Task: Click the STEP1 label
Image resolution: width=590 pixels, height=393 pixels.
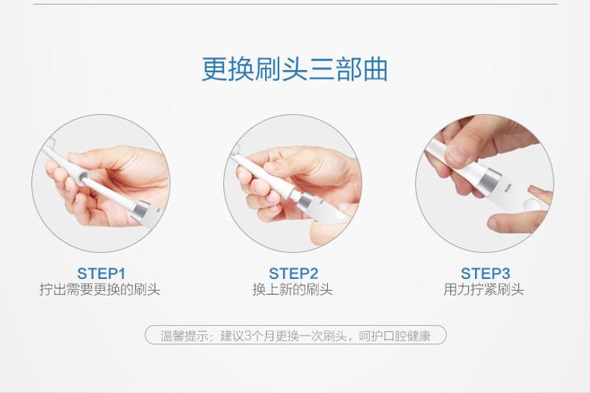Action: (x=101, y=274)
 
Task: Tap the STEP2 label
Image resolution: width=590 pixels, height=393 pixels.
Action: (x=293, y=274)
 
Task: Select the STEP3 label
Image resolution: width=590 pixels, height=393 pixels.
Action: (x=485, y=274)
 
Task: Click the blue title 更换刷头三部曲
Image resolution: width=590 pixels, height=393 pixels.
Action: (x=295, y=69)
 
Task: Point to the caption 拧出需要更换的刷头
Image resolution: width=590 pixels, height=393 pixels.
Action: (x=100, y=289)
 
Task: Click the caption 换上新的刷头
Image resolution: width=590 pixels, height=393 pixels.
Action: (x=293, y=289)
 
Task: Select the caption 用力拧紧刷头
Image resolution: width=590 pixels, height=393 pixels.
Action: (x=484, y=289)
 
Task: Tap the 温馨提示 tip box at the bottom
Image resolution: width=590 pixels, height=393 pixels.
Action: (x=296, y=335)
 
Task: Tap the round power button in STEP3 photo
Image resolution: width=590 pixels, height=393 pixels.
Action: (x=531, y=205)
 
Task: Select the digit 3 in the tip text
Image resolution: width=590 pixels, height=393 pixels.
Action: (x=247, y=336)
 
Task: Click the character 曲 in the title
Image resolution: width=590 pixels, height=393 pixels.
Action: (x=375, y=69)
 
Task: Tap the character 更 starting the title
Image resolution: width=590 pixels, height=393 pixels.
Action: (x=214, y=69)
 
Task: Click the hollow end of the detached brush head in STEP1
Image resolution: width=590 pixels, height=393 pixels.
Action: (x=82, y=177)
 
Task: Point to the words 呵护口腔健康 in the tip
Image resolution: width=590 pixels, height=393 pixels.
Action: (x=394, y=336)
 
